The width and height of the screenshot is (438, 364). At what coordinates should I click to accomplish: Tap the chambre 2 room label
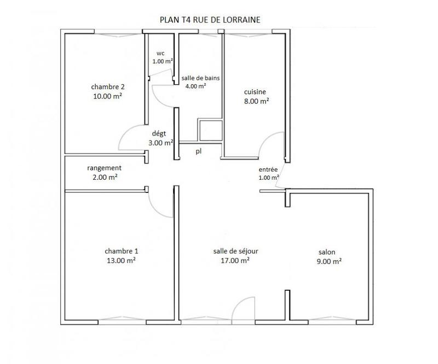(x=108, y=86)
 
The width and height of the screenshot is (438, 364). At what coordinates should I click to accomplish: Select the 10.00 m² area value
(x=107, y=95)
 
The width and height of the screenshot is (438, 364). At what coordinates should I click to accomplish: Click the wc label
(x=160, y=53)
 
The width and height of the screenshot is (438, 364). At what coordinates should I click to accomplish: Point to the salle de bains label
(x=200, y=78)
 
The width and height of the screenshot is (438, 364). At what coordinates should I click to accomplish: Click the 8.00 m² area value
(x=256, y=101)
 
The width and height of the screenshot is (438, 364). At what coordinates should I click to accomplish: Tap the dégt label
(x=160, y=133)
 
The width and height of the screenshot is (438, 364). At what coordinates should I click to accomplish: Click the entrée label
(x=269, y=169)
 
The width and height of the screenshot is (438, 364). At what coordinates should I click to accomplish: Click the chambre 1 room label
(x=121, y=251)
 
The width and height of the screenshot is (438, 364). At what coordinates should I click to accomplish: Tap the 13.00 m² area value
(x=121, y=261)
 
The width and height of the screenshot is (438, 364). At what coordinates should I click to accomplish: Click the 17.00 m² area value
(x=235, y=261)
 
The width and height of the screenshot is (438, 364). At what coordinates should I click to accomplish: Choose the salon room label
(x=327, y=253)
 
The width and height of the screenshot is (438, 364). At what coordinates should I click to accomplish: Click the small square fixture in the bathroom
(x=210, y=130)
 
